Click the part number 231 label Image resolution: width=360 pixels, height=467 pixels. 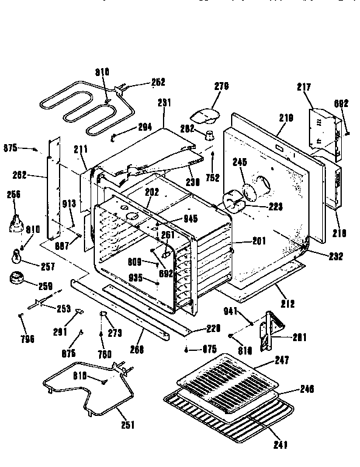pyautogui.click(x=162, y=104)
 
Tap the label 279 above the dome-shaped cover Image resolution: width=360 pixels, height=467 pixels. pyautogui.click(x=221, y=86)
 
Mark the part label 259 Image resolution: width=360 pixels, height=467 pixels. pyautogui.click(x=46, y=286)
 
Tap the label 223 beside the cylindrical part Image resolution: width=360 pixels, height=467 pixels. pyautogui.click(x=276, y=206)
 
